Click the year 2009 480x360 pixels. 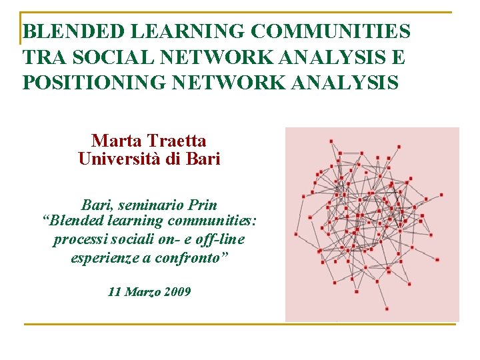pos(177,291)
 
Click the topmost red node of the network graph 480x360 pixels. pos(331,141)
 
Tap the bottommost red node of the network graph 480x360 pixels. pos(387,309)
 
